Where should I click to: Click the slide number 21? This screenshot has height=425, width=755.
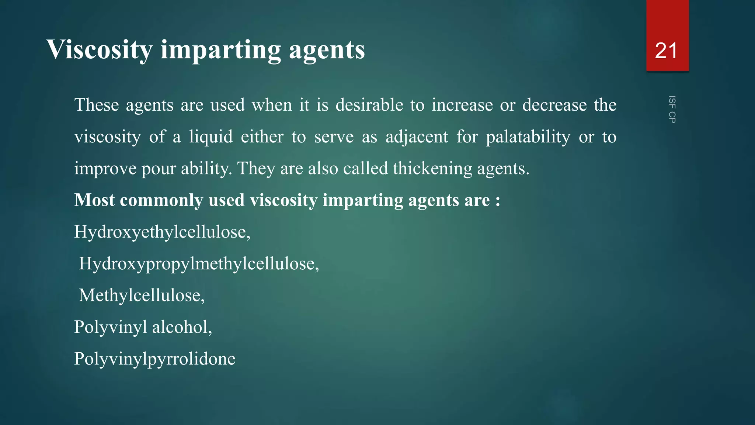coord(666,51)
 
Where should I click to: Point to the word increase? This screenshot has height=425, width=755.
coord(462,105)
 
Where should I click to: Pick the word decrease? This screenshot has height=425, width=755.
coord(554,105)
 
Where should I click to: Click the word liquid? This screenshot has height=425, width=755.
coord(211,137)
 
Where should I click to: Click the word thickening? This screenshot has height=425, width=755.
coord(432,169)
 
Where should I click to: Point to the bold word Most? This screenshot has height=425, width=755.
coord(94,200)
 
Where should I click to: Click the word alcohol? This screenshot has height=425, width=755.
coord(181,327)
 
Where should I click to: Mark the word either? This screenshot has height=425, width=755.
coord(262,137)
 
